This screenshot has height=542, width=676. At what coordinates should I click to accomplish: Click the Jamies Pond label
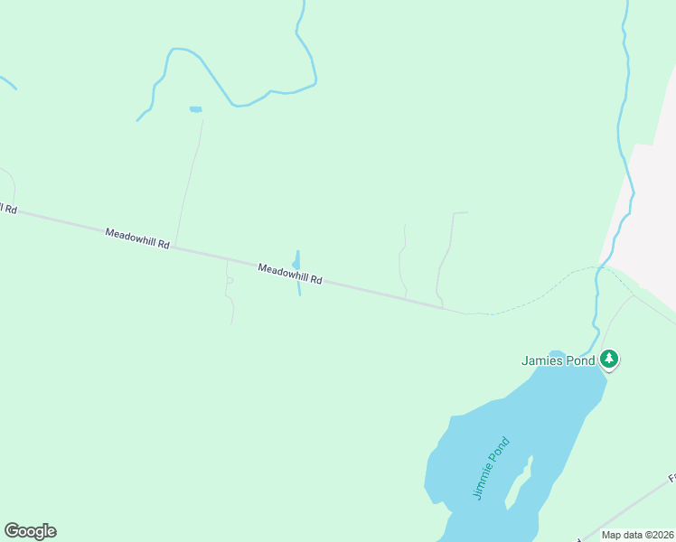(558, 360)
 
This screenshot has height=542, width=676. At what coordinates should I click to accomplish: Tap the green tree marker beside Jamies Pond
(610, 360)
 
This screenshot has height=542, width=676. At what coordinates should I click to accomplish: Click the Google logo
(30, 531)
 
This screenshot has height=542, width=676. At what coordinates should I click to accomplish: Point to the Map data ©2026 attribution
(637, 535)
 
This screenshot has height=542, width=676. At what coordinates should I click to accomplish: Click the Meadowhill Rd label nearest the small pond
(289, 274)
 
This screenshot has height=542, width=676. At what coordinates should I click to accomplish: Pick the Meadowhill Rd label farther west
(137, 238)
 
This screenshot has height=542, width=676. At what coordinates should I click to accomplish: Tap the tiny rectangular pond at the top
(195, 109)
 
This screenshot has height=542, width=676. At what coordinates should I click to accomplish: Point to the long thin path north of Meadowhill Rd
(189, 181)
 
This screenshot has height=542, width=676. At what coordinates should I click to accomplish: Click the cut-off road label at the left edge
(8, 209)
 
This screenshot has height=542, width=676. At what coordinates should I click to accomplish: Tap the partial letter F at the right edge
(671, 478)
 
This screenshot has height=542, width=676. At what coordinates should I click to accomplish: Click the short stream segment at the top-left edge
(7, 82)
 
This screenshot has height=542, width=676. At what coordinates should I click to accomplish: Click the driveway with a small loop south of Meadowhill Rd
(229, 289)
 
